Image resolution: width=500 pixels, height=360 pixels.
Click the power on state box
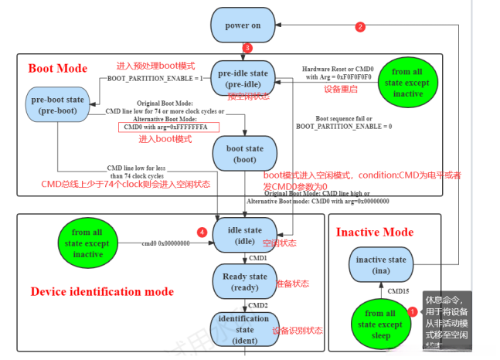(243, 25)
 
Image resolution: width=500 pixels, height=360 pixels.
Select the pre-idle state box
(242, 78)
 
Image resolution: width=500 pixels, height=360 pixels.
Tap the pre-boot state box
(58, 105)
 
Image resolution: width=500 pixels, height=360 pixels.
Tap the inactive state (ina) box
(381, 265)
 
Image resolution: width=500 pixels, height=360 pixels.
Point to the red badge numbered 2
(359, 27)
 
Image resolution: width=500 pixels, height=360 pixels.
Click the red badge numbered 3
(247, 49)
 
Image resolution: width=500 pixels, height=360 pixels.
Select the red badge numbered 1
(412, 311)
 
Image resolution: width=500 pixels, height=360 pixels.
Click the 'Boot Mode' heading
(58, 67)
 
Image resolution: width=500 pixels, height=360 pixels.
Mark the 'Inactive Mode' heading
(375, 232)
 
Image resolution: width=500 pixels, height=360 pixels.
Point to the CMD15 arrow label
(398, 292)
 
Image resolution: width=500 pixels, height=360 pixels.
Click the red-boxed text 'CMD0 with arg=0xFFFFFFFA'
(168, 127)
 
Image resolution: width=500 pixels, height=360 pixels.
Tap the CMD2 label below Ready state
(257, 305)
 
